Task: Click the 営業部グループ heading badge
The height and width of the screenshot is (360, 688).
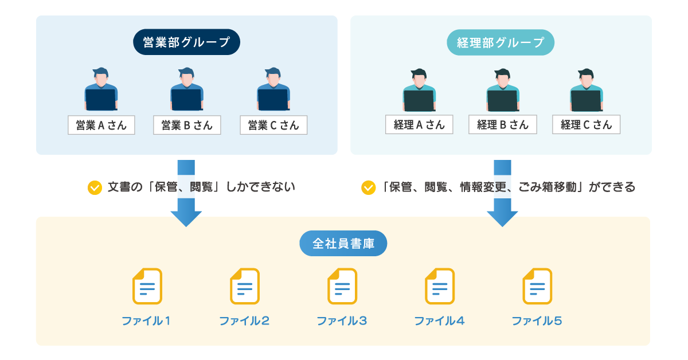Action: (x=186, y=42)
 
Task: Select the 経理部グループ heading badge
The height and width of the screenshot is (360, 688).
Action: (x=501, y=42)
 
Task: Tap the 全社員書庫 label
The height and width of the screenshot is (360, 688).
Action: (x=343, y=244)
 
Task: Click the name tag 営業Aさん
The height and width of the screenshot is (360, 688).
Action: (x=101, y=125)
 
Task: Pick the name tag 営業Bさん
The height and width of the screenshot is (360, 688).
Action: (x=187, y=125)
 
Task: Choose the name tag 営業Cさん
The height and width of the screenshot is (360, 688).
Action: (x=273, y=125)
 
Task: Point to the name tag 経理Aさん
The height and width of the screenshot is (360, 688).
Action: (x=419, y=124)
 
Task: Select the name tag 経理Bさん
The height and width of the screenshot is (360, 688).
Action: (x=503, y=124)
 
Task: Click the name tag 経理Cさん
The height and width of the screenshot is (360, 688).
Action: (x=586, y=124)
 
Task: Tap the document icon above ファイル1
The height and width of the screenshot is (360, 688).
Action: (x=147, y=286)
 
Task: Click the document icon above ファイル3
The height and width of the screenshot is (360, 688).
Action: (x=342, y=286)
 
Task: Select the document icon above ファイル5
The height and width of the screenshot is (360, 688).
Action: (x=537, y=286)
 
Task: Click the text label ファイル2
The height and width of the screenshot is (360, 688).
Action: (x=244, y=321)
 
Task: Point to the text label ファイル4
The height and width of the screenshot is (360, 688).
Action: (x=439, y=321)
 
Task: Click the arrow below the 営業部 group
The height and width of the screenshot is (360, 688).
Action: (x=186, y=195)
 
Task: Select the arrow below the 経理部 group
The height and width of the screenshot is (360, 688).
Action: (x=502, y=195)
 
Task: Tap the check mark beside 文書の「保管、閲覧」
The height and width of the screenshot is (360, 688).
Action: (x=94, y=187)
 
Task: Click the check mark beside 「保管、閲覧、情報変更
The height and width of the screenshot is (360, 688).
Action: (x=368, y=187)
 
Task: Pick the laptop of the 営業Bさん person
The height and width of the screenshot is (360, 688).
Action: (x=186, y=100)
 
